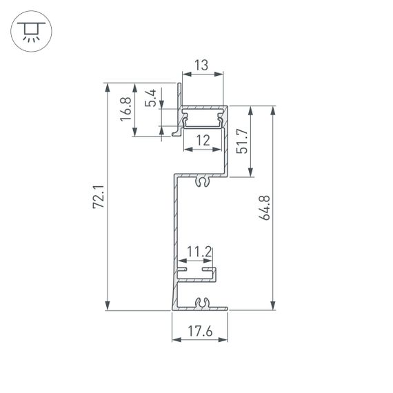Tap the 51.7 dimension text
(241, 141)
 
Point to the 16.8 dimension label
(125, 109)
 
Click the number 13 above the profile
(201, 65)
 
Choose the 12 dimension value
(203, 141)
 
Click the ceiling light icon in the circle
(30, 31)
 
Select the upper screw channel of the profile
(203, 181)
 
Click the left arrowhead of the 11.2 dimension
(182, 263)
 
